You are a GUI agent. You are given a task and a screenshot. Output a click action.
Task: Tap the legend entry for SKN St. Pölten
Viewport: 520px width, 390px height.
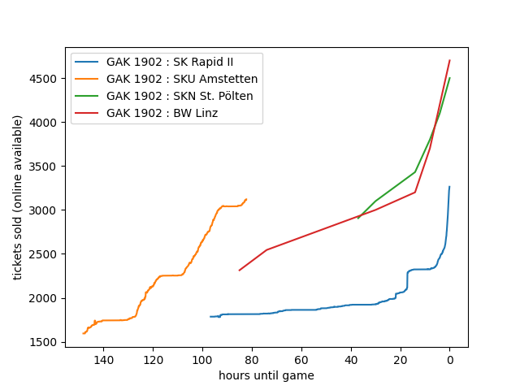[x=180, y=96]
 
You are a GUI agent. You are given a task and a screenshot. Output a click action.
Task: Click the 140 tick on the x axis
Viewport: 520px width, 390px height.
[x=103, y=360]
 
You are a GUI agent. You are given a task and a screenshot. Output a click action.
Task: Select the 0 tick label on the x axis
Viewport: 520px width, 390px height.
[x=449, y=360]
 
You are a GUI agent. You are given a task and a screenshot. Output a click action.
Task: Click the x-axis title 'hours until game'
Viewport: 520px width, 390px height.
[x=266, y=375]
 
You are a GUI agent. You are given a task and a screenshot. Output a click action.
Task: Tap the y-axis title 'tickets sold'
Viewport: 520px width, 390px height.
[x=18, y=197]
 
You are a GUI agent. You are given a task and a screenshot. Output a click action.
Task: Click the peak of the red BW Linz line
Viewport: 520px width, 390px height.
[x=449, y=60]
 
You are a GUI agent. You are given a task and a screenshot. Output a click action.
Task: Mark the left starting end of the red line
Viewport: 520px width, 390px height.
[x=239, y=271]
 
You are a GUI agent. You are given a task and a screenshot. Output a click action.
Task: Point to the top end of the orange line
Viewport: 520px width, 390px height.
[x=246, y=199]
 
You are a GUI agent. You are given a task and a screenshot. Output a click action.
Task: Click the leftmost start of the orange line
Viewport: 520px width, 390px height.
[x=83, y=333]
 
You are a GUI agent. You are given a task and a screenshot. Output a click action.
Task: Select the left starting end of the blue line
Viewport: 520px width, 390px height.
[x=210, y=317]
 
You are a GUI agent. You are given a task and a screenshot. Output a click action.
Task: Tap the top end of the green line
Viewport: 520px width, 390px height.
[x=449, y=78]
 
